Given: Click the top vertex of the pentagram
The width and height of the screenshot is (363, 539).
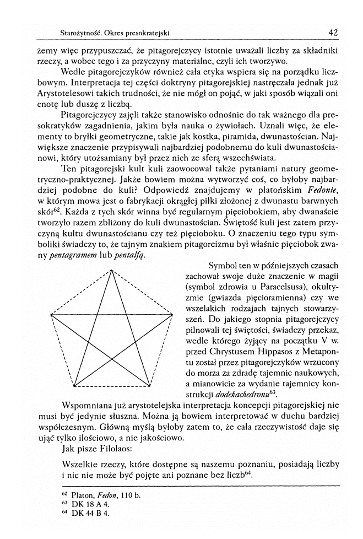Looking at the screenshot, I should coord(112,269).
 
